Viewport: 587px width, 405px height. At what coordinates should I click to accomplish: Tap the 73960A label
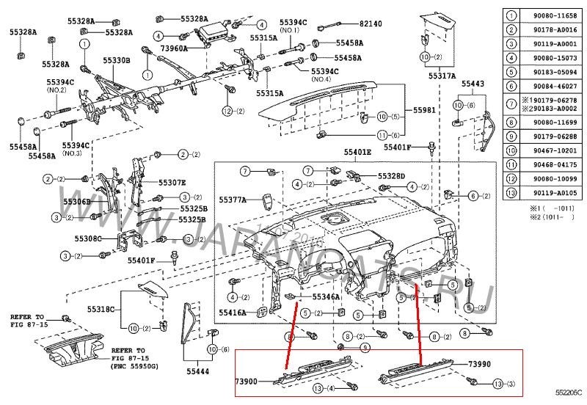[174, 48]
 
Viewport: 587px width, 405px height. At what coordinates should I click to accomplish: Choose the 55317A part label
[442, 76]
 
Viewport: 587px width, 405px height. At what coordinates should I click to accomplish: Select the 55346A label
[326, 297]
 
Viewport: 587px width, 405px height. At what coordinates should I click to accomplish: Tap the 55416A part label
[233, 312]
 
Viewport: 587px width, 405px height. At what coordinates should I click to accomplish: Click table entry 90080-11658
[549, 14]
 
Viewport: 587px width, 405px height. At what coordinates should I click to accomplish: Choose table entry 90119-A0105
[549, 194]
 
